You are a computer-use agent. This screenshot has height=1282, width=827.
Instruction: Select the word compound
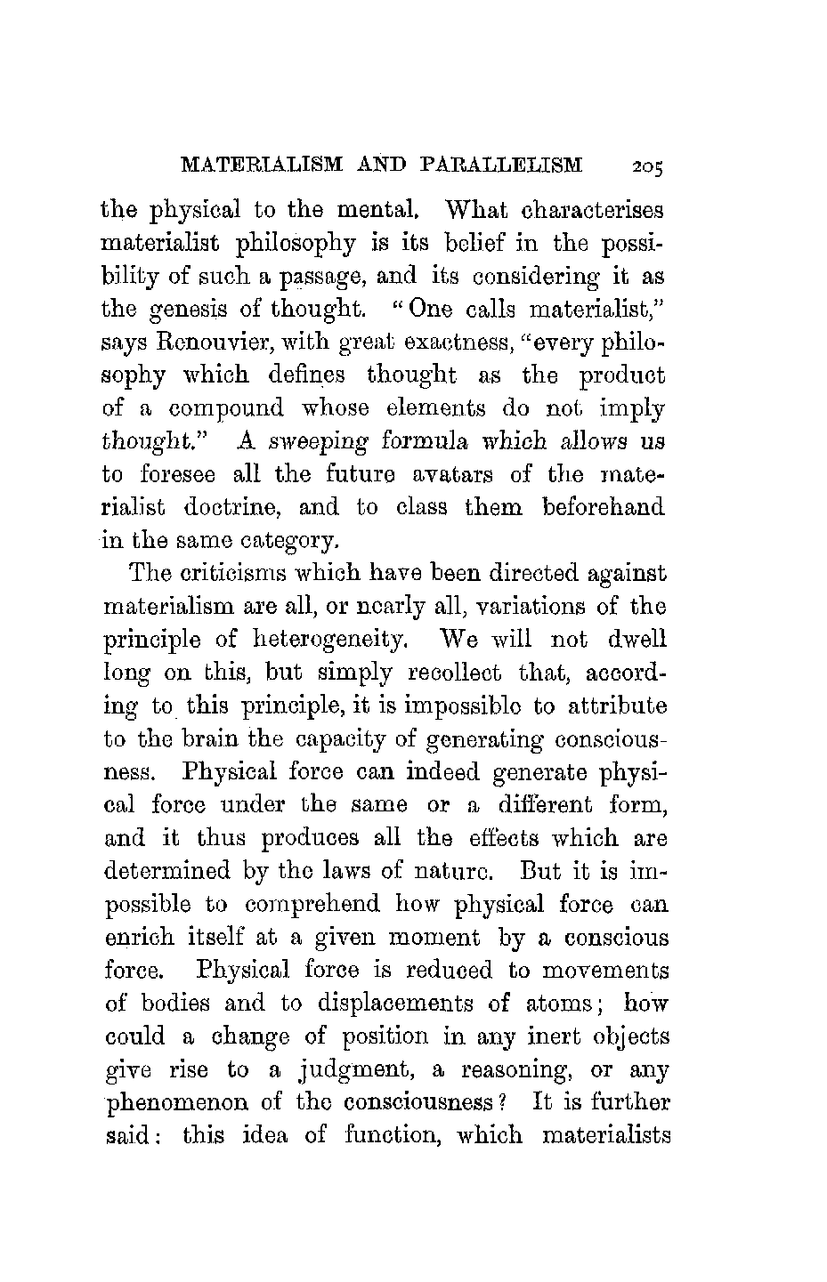point(226,408)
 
